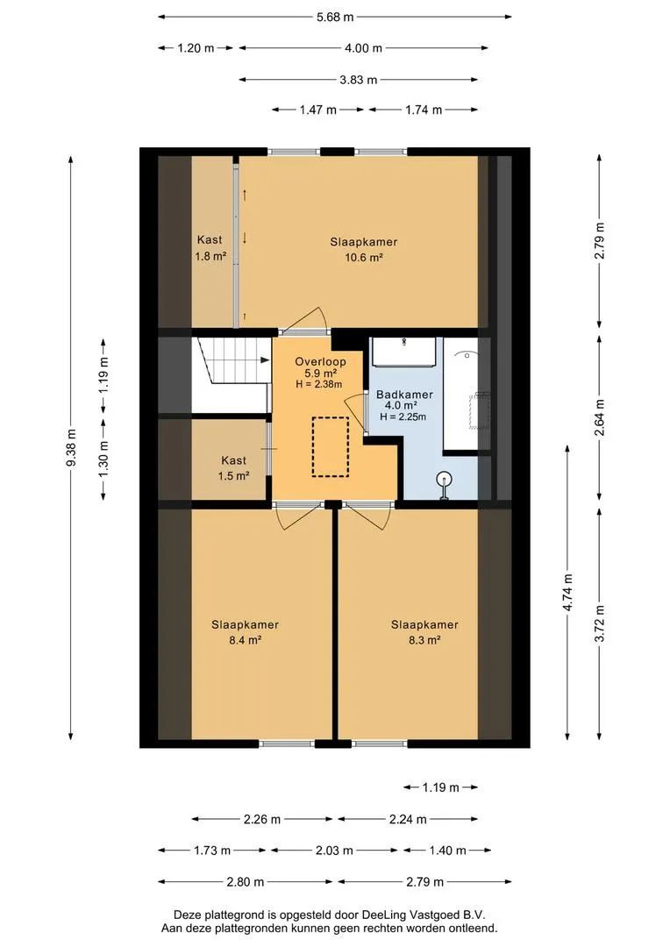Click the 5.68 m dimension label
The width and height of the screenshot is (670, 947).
335,17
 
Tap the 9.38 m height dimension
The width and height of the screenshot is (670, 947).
71,447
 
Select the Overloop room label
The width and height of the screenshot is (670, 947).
320,362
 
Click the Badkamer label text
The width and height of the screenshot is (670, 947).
404,395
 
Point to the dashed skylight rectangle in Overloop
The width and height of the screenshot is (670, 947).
331,447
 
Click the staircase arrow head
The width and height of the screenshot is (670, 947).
265,360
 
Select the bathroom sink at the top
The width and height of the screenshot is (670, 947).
403,352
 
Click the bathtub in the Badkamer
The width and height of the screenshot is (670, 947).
467,394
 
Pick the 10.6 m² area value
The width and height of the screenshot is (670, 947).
364,258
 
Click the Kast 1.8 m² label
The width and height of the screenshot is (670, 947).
210,247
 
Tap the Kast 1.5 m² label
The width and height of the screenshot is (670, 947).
234,468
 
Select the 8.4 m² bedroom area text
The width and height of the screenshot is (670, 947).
245,640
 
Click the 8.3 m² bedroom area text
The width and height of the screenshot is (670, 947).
424,640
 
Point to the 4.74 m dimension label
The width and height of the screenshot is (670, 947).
568,593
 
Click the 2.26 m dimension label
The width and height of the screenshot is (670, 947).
262,820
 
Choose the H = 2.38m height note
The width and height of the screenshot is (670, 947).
319,384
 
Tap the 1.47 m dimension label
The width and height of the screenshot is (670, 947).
317,110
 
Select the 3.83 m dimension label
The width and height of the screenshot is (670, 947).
359,80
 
